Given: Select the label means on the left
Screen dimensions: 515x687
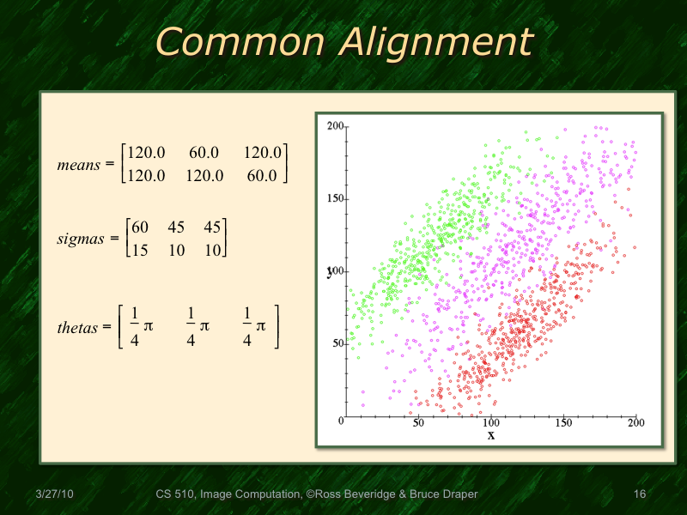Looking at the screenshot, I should pyautogui.click(x=79, y=164).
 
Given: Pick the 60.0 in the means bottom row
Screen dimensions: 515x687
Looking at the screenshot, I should pyautogui.click(x=262, y=175).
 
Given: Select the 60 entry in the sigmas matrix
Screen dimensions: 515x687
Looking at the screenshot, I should pyautogui.click(x=140, y=227).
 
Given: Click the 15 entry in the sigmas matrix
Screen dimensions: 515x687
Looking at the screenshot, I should pyautogui.click(x=140, y=250).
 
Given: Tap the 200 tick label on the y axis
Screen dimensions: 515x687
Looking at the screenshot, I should pyautogui.click(x=335, y=125).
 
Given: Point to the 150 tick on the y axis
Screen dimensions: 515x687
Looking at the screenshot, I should pyautogui.click(x=335, y=198).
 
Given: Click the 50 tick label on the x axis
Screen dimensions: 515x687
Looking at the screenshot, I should pyautogui.click(x=418, y=422).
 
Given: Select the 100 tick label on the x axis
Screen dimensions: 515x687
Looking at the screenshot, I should pyautogui.click(x=491, y=422).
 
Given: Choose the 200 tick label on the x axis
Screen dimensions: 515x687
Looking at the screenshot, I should pyautogui.click(x=636, y=422).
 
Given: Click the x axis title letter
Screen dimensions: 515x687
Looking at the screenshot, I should pyautogui.click(x=491, y=435).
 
